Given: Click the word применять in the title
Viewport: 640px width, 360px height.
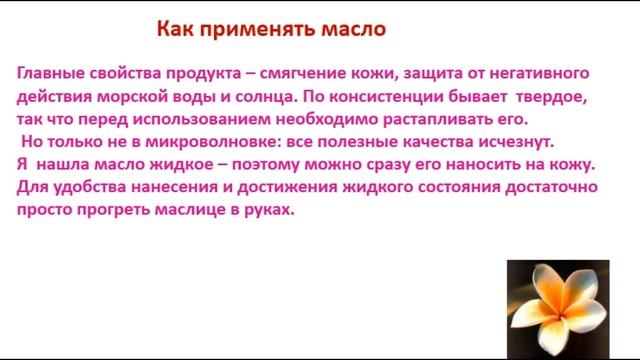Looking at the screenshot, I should click(247, 29).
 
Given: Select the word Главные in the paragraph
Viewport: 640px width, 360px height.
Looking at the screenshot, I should click(50, 74).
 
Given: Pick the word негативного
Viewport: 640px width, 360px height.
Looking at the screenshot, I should click(531, 74).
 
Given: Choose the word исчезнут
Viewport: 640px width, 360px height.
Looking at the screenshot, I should click(544, 141).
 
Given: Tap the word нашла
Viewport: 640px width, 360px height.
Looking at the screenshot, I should click(65, 163).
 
